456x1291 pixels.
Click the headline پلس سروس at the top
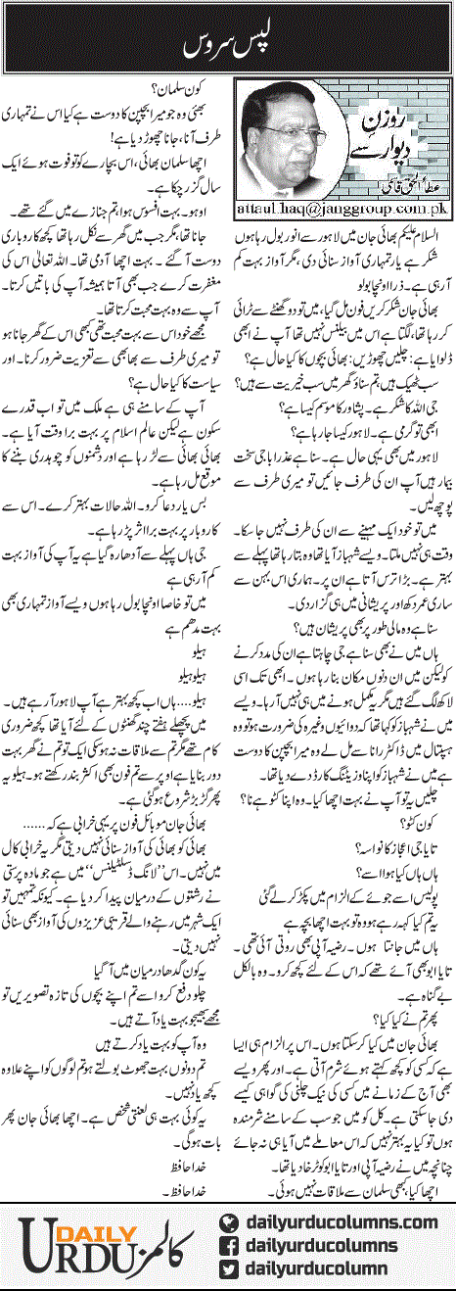pyautogui.click(x=227, y=47)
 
